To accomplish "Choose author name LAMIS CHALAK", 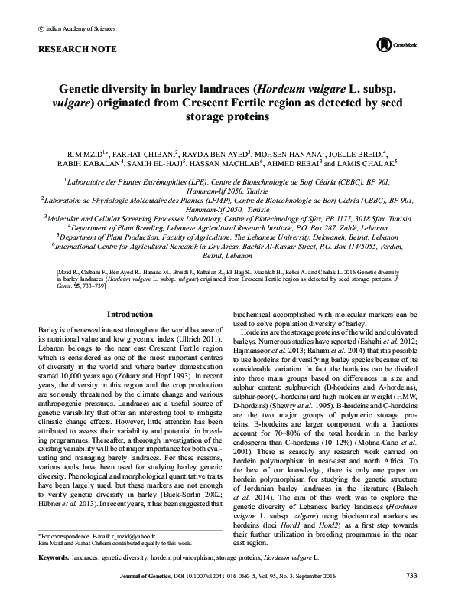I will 371,164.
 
